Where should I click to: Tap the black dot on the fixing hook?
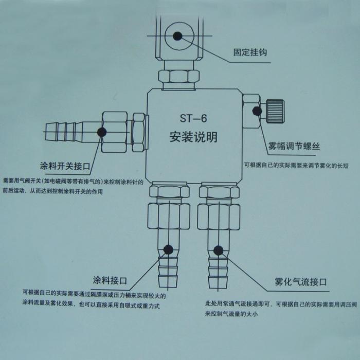(177, 35)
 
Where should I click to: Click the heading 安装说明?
(193, 137)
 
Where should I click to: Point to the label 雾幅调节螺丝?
(294, 146)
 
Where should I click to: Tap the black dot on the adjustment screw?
(256, 110)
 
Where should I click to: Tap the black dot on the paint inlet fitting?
(168, 250)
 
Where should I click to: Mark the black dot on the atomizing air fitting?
(218, 250)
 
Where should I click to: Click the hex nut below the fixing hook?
(178, 77)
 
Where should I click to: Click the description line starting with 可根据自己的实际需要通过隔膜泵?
(97, 296)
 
